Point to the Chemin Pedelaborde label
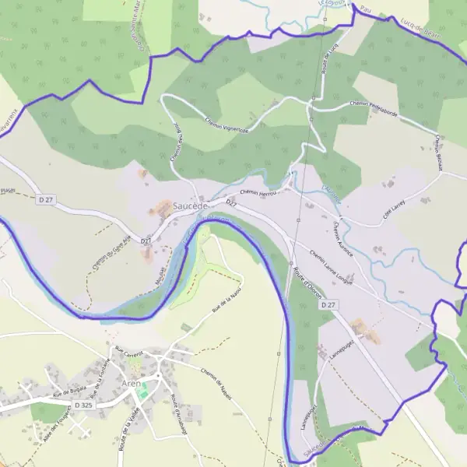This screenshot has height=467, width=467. click(x=374, y=103)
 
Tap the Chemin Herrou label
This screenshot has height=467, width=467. click(x=260, y=191)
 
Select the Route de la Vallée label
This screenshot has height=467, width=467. click(x=122, y=437)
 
